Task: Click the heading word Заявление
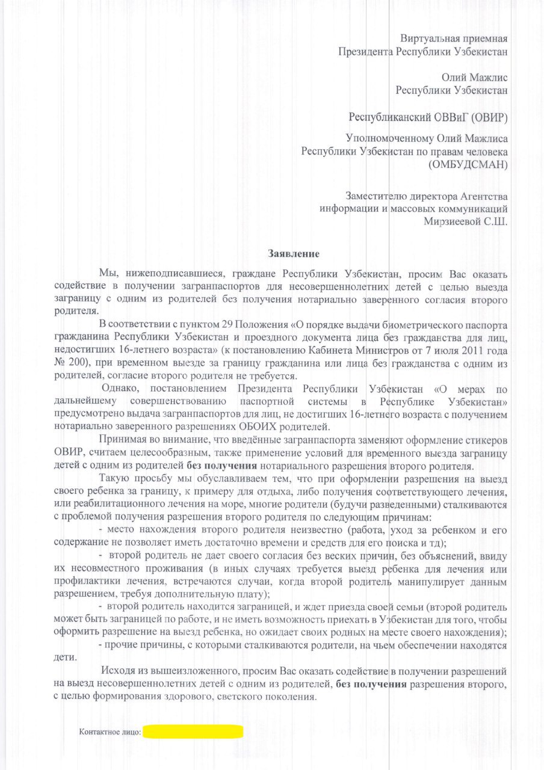click(293, 254)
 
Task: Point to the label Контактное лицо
click(110, 732)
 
